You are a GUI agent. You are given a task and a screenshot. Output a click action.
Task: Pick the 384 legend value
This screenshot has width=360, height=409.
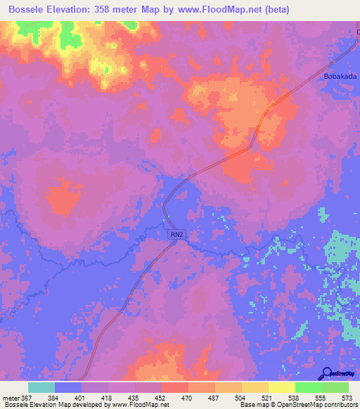tap(54, 398)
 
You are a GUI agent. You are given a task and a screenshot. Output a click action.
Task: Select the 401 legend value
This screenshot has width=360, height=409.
tap(82, 398)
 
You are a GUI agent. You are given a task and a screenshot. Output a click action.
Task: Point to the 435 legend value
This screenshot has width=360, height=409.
tap(135, 398)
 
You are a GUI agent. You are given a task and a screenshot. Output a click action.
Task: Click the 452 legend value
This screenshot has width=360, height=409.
tap(162, 398)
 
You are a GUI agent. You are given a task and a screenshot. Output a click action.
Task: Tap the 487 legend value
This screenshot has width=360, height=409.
tap(215, 398)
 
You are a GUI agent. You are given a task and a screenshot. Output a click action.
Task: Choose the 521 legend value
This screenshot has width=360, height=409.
tap(269, 398)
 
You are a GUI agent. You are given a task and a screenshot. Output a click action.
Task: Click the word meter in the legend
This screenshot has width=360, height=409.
tap(11, 398)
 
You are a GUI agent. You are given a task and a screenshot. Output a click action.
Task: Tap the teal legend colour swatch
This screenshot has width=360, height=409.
tap(41, 387)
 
